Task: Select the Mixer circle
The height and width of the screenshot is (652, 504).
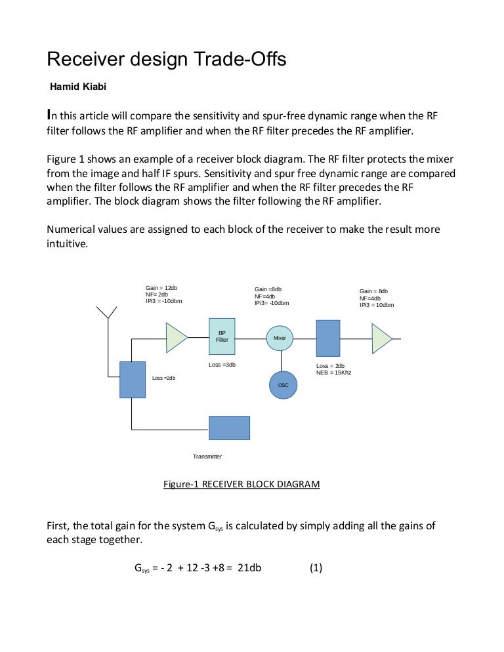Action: coord(280,338)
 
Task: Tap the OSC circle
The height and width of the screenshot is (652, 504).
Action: coord(283,384)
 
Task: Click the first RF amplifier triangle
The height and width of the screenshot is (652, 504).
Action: coord(175,337)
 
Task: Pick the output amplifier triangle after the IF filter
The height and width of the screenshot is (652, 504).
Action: coord(381,338)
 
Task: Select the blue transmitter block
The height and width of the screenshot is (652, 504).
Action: coord(229,428)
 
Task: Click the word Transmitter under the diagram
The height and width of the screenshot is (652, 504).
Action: coord(207,457)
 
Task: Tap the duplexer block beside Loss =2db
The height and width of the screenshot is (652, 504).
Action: coord(132,380)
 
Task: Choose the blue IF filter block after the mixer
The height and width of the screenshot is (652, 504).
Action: coord(327,338)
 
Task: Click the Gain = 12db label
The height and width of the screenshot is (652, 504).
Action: coord(161,288)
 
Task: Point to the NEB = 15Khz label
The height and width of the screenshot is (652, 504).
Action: coord(334,373)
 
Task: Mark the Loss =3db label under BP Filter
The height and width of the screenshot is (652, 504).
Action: coord(222,365)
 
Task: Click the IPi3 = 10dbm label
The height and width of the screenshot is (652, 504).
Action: coord(377,305)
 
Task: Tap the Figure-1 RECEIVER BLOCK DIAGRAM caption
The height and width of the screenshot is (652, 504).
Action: coord(241,485)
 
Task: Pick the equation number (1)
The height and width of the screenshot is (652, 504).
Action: coord(316,567)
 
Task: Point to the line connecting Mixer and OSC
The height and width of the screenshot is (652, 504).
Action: coord(282,361)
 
